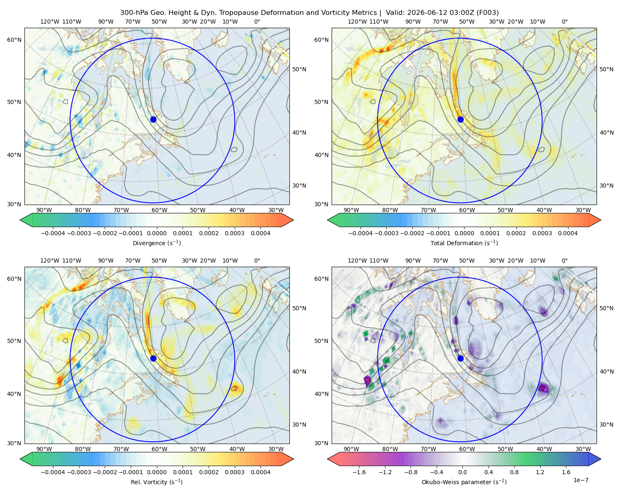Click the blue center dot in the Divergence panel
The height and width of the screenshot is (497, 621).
153,119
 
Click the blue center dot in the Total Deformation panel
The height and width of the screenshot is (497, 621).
460,119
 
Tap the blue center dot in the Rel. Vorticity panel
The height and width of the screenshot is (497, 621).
153,358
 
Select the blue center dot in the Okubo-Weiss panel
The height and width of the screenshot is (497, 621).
460,358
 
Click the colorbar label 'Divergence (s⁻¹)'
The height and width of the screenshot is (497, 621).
156,243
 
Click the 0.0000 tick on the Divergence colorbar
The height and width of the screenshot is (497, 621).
156,233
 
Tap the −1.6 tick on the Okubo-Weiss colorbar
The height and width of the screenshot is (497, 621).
359,472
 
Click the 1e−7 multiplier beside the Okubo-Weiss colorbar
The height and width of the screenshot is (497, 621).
580,480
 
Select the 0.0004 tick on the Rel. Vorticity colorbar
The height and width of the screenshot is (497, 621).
260,472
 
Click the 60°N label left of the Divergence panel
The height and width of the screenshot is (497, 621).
14,40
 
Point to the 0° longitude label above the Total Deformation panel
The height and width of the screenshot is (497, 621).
564,22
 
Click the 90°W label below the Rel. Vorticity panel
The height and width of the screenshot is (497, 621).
44,449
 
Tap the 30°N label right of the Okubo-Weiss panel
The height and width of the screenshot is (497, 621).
606,425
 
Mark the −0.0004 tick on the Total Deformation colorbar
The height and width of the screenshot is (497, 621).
361,233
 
